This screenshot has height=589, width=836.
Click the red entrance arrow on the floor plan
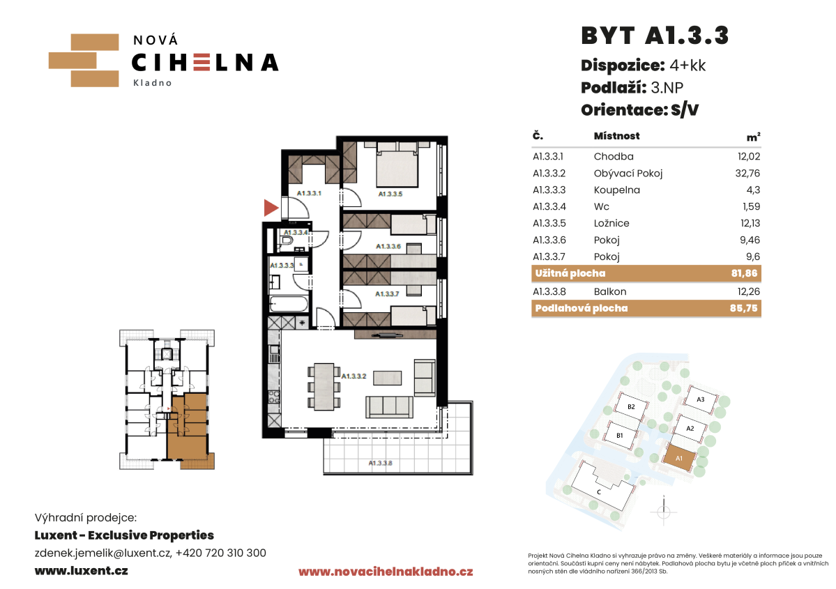271,207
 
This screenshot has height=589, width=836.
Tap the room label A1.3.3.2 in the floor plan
354,376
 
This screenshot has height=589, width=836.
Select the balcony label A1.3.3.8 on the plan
380,464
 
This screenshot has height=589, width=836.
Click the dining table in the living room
324,386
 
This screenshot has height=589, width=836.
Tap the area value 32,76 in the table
747,174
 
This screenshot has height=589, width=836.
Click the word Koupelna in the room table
617,190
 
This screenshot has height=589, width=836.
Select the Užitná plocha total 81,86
744,273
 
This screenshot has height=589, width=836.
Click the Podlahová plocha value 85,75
744,308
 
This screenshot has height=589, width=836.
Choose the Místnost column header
617,136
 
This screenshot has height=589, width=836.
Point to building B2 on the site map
631,406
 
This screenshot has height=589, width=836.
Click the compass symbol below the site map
664,512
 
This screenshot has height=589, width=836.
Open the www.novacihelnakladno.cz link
386,572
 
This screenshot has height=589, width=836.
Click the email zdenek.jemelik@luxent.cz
103,553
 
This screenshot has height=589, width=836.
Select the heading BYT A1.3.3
655,36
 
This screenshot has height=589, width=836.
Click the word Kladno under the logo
153,83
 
